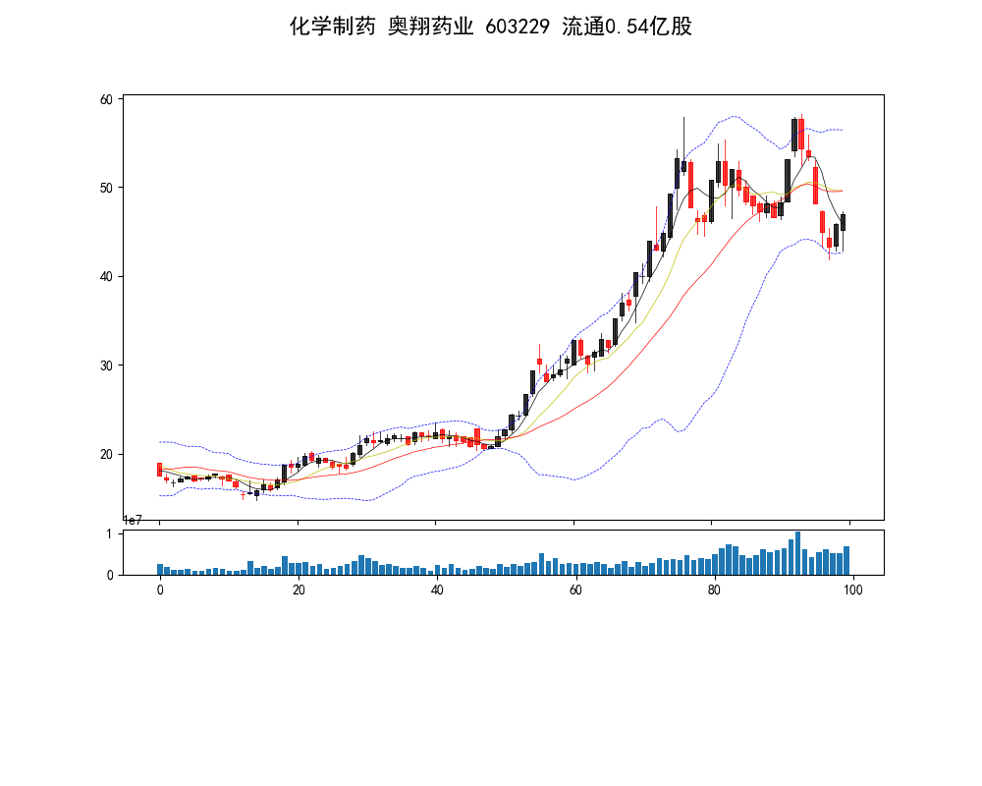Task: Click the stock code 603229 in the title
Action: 519,27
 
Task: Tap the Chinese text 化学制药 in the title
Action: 332,27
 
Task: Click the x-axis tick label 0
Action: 160,590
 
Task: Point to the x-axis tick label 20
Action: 299,590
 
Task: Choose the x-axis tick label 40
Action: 437,590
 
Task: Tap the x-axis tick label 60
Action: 575,590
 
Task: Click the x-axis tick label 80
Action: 714,590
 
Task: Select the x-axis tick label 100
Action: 852,590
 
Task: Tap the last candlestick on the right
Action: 843,222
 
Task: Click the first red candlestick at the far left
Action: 159,470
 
